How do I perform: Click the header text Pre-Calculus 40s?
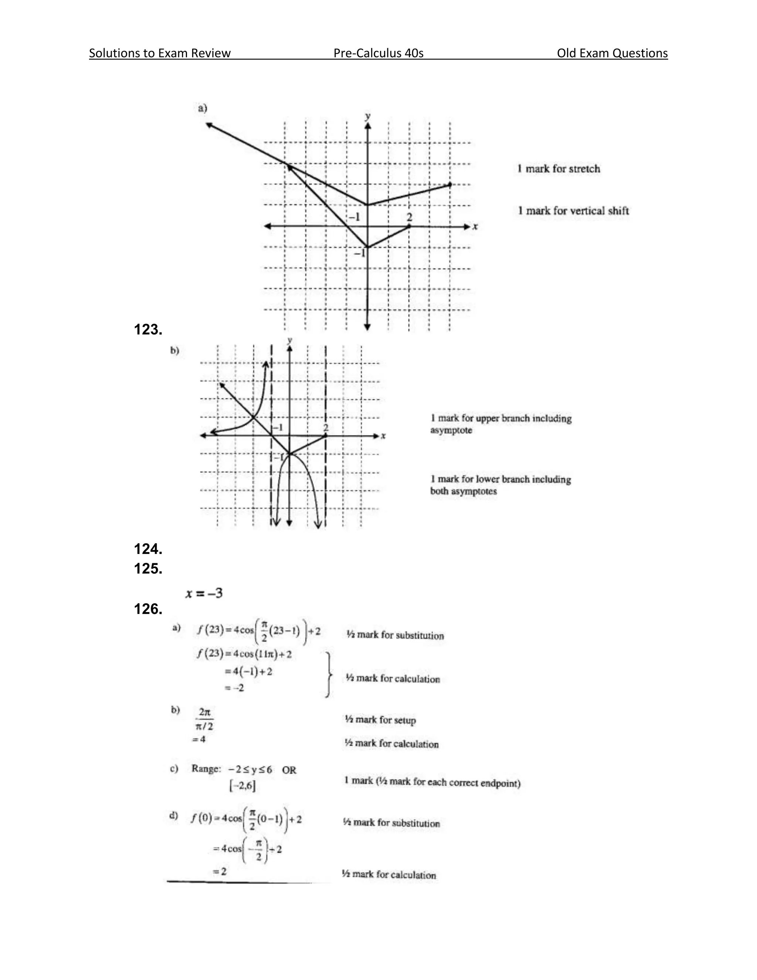[x=378, y=53]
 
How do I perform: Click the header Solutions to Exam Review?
[x=160, y=53]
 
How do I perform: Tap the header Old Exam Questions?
[x=612, y=53]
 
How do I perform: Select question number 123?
[x=148, y=330]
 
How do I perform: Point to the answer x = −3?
[x=204, y=593]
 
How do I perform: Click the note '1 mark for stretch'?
[x=559, y=169]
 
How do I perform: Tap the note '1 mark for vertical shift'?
[x=573, y=210]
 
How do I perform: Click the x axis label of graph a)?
[x=475, y=227]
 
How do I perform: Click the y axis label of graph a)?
[x=368, y=116]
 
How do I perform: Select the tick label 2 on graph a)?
[x=409, y=217]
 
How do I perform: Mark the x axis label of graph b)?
[x=383, y=436]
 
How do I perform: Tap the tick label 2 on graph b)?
[x=326, y=427]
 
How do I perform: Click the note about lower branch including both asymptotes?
[x=500, y=485]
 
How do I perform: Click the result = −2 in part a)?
[x=234, y=687]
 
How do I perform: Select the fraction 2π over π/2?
[x=204, y=719]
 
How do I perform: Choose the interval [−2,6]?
[x=242, y=785]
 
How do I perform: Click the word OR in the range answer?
[x=289, y=770]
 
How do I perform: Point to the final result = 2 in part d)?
[x=220, y=871]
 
